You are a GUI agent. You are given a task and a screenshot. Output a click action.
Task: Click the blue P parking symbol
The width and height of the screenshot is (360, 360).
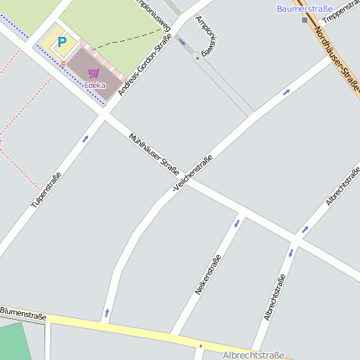(60, 41)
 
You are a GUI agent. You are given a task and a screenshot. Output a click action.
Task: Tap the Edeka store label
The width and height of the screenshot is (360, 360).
(95, 86)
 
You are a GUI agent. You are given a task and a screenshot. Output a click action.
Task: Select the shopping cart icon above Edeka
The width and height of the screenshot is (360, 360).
(93, 73)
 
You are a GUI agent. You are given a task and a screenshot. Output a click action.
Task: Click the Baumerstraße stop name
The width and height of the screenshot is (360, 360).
(304, 8)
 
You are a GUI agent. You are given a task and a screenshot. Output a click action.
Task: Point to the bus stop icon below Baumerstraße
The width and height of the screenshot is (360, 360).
(305, 19)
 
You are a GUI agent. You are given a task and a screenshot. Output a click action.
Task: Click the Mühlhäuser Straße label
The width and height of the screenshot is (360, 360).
(154, 154)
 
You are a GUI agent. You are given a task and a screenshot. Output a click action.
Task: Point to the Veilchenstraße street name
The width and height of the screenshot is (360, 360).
(192, 173)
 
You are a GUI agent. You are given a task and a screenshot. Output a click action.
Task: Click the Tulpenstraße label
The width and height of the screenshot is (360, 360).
(46, 190)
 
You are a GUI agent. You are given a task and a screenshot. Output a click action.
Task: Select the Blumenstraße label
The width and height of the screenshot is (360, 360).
(23, 314)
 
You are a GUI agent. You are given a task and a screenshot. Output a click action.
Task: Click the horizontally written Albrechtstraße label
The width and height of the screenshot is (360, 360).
(253, 355)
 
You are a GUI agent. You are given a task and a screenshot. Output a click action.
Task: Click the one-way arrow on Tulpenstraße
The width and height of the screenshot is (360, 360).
(85, 138)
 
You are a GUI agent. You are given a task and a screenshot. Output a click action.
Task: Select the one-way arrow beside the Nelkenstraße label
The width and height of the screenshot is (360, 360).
(236, 224)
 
